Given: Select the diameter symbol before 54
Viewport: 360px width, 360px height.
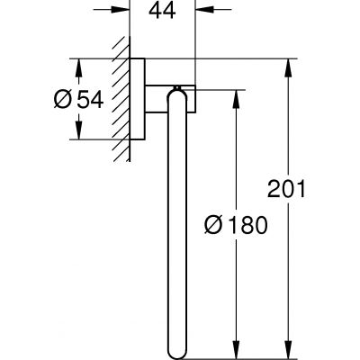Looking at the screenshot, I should point(76,99).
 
